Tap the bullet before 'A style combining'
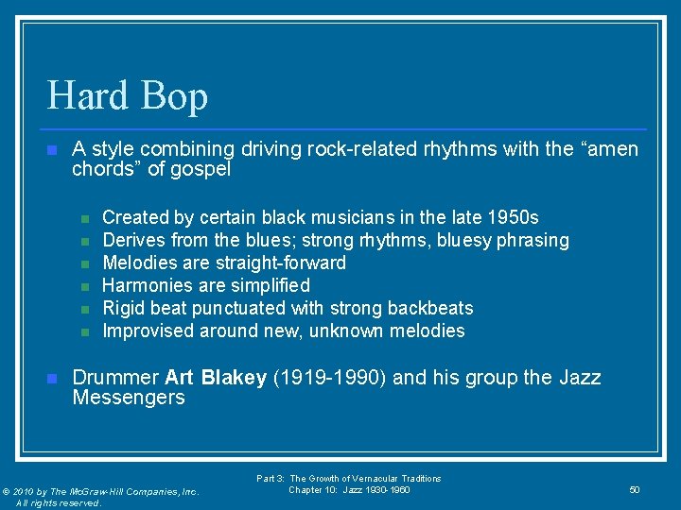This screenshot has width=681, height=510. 52,150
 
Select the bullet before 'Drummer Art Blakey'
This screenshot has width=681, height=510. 52,379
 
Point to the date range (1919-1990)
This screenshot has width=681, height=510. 329,378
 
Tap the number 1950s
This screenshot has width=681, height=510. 512,217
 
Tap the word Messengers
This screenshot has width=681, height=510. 129,398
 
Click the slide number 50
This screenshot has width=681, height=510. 635,489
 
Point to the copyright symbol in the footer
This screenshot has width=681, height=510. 8,491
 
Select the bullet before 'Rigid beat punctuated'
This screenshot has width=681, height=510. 84,309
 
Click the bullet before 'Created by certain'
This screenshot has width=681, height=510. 84,218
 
